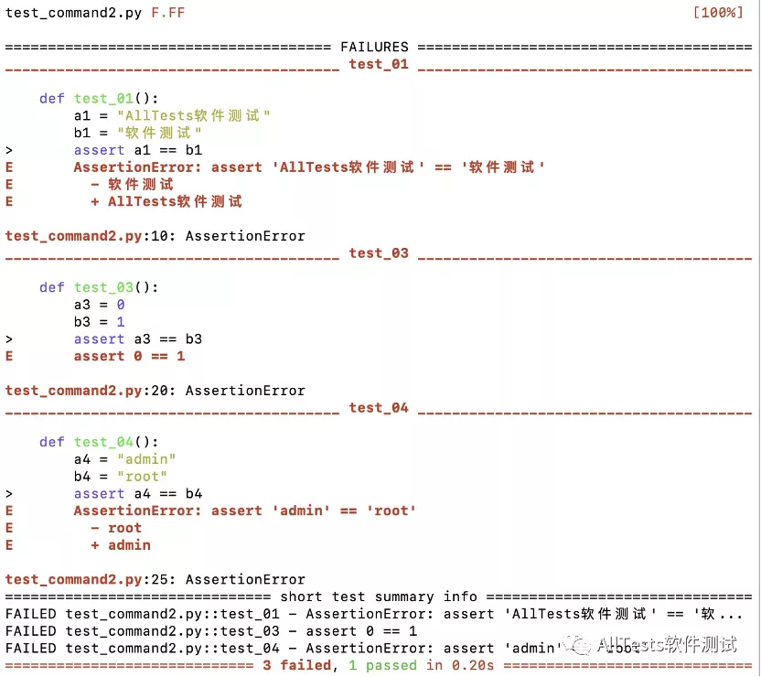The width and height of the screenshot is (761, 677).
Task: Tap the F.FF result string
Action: point(168,14)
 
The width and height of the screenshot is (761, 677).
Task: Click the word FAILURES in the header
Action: point(374,47)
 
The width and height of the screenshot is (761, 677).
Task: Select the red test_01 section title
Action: point(379,64)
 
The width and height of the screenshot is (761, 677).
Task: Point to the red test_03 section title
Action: point(379,253)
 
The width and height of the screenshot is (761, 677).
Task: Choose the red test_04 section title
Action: point(379,408)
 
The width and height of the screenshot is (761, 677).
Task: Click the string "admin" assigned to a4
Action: point(146,459)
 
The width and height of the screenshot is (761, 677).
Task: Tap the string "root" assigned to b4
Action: point(142,477)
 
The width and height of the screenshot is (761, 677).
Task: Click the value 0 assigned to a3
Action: point(121,305)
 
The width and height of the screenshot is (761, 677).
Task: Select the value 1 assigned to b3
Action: point(121,322)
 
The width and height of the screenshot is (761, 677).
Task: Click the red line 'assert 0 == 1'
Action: point(129,356)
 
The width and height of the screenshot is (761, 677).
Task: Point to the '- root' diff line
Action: point(116,528)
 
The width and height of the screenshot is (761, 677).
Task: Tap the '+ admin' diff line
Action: point(121,545)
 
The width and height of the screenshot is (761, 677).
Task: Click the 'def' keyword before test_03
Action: point(52,287)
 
